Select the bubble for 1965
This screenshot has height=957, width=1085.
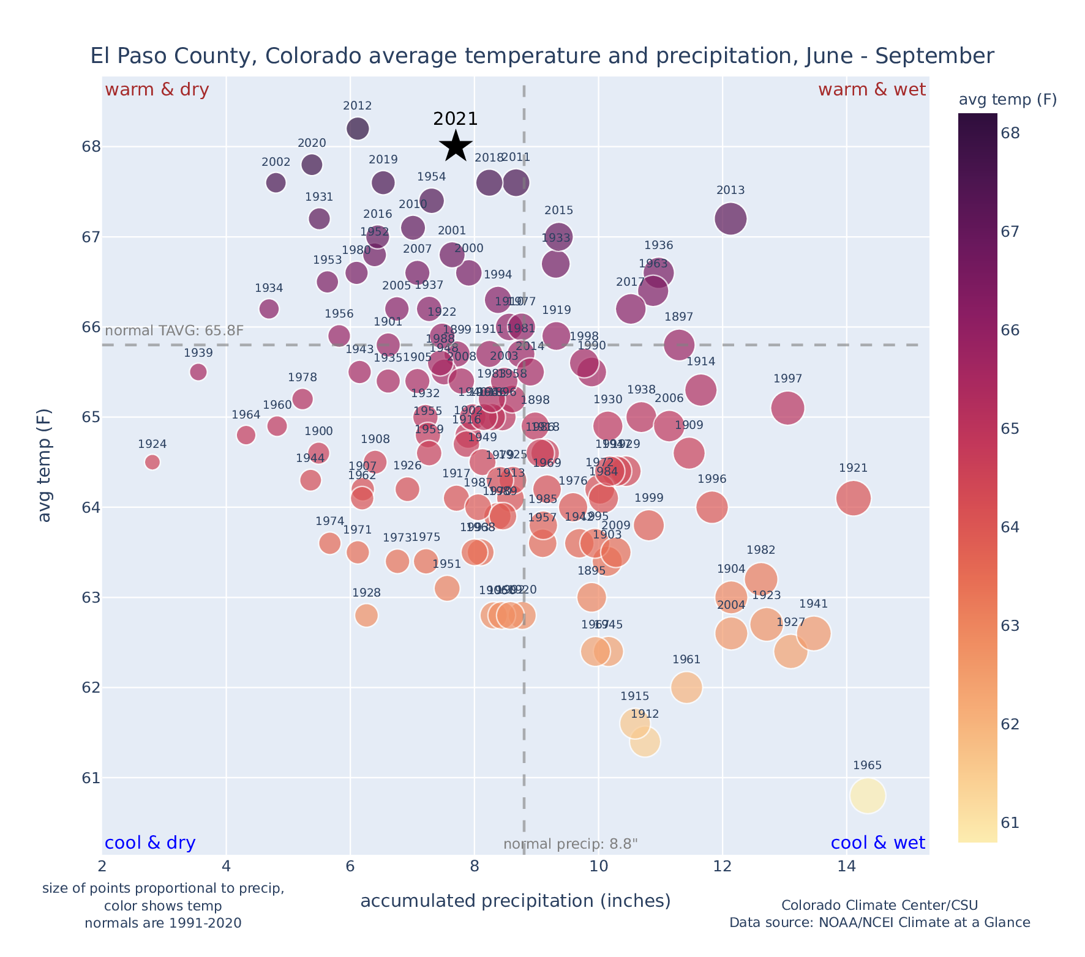click(867, 795)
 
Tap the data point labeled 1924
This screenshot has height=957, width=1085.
click(152, 462)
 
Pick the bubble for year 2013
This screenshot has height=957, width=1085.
click(730, 218)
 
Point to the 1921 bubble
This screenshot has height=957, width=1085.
click(853, 498)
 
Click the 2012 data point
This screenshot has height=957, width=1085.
click(358, 128)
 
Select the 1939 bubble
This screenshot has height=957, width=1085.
click(198, 372)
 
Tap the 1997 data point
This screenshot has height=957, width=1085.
click(787, 408)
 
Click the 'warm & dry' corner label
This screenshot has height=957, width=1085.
click(157, 90)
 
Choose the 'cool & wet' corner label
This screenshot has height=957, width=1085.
click(877, 843)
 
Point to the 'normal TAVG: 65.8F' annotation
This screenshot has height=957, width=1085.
click(175, 331)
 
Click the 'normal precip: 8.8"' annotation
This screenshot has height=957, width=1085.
click(570, 844)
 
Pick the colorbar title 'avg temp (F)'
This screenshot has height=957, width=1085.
click(1007, 99)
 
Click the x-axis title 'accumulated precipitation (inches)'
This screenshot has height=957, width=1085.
click(515, 901)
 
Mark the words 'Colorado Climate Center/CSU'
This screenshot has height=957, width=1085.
click(879, 906)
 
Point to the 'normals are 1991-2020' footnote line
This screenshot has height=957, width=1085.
click(163, 923)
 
